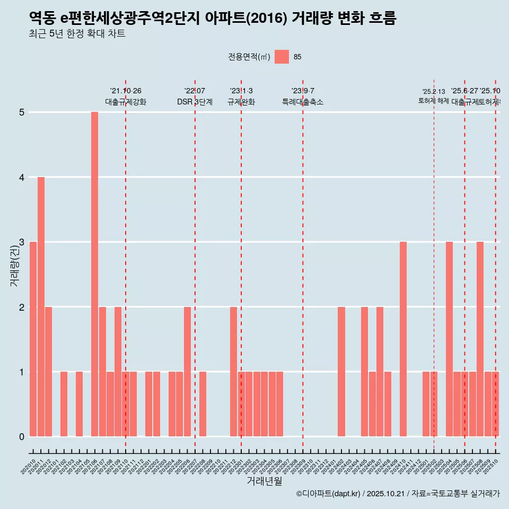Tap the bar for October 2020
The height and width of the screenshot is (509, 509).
click(x=33, y=339)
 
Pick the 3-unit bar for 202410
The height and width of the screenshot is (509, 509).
click(x=403, y=339)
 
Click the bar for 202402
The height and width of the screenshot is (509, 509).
click(x=341, y=371)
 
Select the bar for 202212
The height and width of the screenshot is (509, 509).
click(x=233, y=371)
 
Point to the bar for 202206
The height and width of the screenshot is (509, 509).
click(x=187, y=371)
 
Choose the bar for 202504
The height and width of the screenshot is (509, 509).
click(x=449, y=339)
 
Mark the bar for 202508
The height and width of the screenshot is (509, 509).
click(x=480, y=339)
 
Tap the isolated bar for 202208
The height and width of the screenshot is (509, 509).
click(x=203, y=404)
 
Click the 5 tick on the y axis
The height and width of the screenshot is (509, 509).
click(x=22, y=112)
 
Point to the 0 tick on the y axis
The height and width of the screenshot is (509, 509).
click(x=22, y=437)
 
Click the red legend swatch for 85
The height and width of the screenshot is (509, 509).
click(x=282, y=57)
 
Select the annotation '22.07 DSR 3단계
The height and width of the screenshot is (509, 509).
click(x=195, y=96)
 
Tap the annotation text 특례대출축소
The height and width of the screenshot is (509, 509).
click(x=303, y=102)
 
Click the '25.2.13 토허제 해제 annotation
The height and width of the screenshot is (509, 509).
click(x=434, y=96)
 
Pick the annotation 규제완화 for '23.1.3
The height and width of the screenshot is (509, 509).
click(x=241, y=102)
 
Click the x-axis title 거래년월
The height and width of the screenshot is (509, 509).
click(x=264, y=481)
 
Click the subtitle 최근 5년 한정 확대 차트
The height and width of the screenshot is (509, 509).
click(x=77, y=34)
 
